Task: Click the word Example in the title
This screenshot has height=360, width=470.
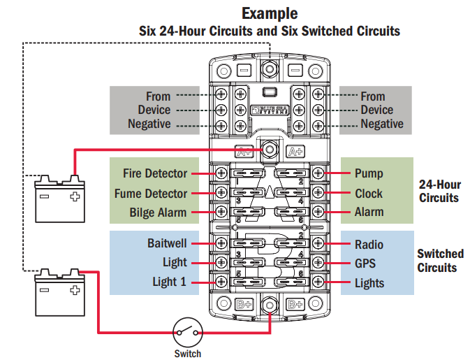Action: click(270, 13)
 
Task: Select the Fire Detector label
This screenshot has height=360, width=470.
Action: click(155, 173)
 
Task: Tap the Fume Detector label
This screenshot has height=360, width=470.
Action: click(151, 193)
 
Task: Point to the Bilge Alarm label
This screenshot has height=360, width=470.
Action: click(158, 213)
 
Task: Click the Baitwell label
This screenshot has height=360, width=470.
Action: click(167, 243)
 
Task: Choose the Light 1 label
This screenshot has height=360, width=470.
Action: click(170, 282)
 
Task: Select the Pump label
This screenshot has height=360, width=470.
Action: click(369, 173)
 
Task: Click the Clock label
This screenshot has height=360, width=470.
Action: click(369, 193)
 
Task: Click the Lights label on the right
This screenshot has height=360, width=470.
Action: click(369, 282)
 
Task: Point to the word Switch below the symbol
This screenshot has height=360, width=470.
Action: click(187, 354)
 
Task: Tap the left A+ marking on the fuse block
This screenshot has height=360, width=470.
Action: click(244, 150)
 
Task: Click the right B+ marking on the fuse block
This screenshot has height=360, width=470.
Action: click(295, 304)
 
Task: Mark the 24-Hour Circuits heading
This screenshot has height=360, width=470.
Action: click(439, 192)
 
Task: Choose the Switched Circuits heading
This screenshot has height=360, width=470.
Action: click(440, 261)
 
